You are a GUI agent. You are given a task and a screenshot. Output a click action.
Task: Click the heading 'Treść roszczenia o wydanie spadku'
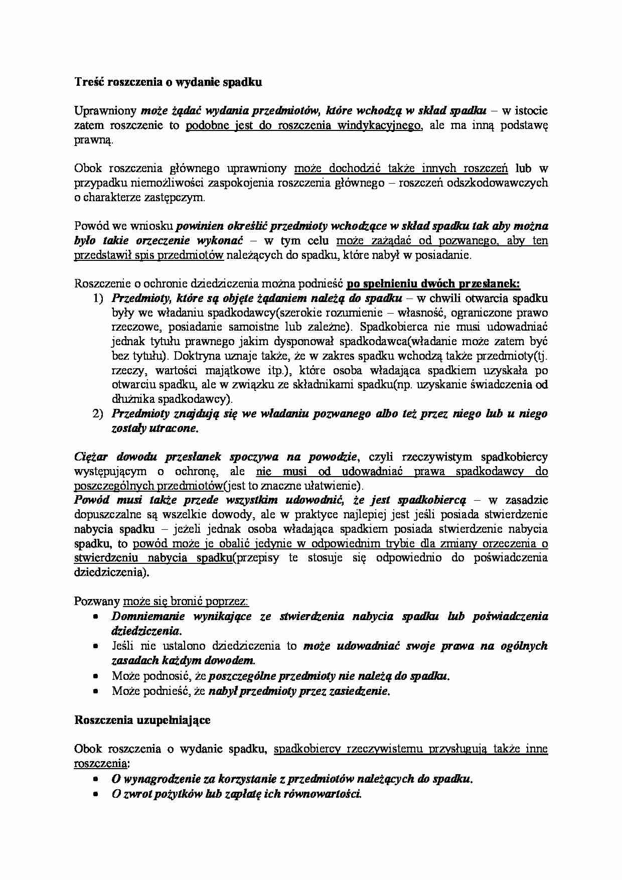coord(168,82)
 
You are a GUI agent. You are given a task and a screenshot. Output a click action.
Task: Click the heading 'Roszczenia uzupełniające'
coord(142,720)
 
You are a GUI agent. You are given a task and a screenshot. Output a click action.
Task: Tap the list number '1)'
coord(98,299)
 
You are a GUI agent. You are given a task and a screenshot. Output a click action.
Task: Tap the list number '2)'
coord(98,414)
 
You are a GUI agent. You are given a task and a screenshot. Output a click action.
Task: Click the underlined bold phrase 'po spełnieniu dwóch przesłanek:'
coord(433,284)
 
